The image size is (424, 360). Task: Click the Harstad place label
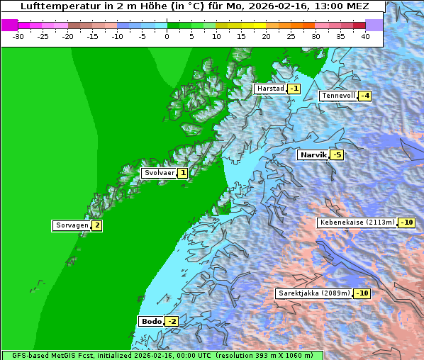[x=270, y=89]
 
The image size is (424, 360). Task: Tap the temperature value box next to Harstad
[x=294, y=89]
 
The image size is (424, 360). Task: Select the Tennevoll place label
[x=338, y=96]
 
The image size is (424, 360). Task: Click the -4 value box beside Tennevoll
[x=364, y=96]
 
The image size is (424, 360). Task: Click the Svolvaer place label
[x=159, y=173]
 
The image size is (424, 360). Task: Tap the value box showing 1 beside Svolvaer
[x=182, y=173]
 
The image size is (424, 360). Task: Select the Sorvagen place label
[x=72, y=225]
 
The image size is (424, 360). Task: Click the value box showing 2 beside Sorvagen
[x=96, y=225]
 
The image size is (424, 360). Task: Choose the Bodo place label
[x=151, y=321]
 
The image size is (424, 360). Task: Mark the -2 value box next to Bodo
[x=172, y=321]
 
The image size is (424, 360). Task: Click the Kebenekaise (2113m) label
[x=357, y=223]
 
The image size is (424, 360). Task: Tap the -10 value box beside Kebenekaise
[x=406, y=223]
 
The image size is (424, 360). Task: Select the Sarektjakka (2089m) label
[x=313, y=293]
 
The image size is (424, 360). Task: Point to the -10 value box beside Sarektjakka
[x=362, y=293]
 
